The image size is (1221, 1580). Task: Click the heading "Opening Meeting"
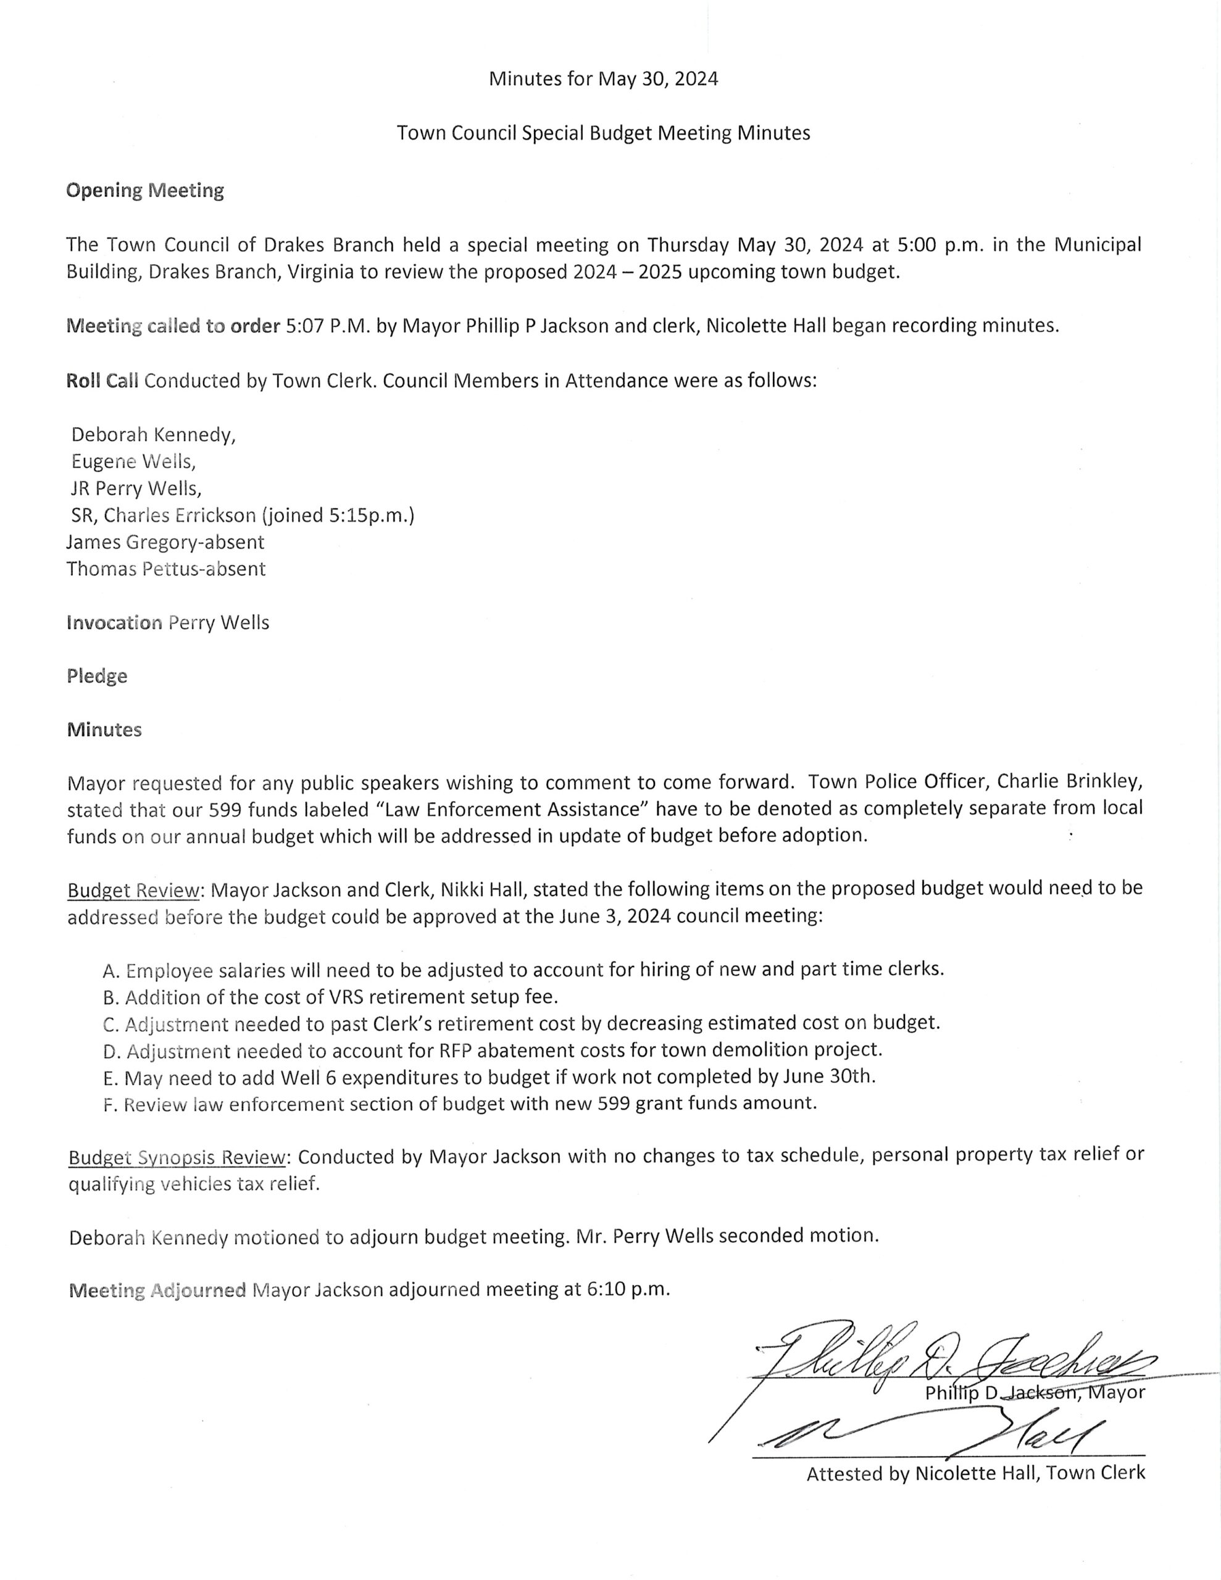click(144, 190)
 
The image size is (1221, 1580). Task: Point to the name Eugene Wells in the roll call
click(133, 462)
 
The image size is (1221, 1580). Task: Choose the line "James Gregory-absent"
click(165, 542)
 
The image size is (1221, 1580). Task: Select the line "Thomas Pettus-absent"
click(166, 568)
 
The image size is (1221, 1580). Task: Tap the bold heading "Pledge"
click(97, 676)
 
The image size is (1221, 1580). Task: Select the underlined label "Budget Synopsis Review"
click(178, 1157)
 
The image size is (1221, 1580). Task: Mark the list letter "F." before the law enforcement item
click(110, 1105)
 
